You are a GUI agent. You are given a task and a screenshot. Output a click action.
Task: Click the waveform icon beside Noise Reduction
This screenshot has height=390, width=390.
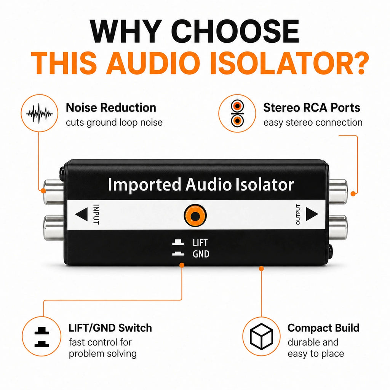(39, 113)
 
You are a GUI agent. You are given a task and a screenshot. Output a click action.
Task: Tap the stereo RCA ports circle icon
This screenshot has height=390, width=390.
(237, 113)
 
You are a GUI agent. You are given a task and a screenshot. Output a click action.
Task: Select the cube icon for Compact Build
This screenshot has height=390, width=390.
(261, 336)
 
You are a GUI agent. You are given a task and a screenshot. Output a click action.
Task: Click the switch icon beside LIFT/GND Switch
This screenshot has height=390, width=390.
(42, 337)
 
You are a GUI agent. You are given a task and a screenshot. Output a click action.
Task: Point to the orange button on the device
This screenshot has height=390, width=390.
(195, 216)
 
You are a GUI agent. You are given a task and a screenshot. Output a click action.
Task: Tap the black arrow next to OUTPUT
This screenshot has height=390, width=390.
(312, 214)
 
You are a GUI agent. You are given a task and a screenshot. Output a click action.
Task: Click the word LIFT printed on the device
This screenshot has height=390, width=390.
(200, 243)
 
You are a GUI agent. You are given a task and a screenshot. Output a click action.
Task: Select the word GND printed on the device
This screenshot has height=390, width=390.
(201, 254)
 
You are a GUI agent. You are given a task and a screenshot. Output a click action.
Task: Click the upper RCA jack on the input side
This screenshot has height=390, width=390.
(53, 192)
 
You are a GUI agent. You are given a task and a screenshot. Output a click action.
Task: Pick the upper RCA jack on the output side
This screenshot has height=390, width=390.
(338, 192)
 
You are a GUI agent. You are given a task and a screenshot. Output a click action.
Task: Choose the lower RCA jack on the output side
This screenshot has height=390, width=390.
(338, 227)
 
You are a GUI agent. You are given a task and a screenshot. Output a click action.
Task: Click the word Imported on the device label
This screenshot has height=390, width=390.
(144, 185)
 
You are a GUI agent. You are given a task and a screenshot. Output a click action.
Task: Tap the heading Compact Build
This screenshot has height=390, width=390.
(323, 328)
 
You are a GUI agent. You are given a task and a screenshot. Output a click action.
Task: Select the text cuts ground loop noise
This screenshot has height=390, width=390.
(114, 123)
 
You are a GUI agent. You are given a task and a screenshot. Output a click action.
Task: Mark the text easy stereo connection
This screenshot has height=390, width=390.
(313, 123)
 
